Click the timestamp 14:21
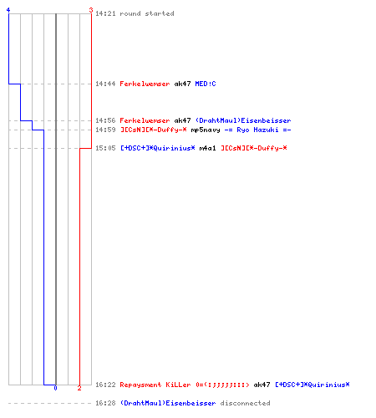(x=105, y=13)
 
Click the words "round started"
(x=147, y=13)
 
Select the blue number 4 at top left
(x=8, y=10)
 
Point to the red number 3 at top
(x=91, y=10)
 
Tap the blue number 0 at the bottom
(x=55, y=388)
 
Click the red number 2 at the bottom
(x=79, y=388)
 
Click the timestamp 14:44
(x=105, y=84)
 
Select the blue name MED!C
(x=206, y=84)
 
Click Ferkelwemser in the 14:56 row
(x=145, y=120)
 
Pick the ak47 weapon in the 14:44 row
(x=182, y=84)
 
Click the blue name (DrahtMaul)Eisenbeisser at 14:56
(x=243, y=120)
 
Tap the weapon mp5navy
(x=206, y=130)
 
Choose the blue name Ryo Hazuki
(x=257, y=130)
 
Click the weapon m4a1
(x=207, y=148)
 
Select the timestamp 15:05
(x=105, y=148)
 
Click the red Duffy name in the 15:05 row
(x=253, y=148)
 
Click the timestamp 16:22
(x=105, y=385)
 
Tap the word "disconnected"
(x=245, y=403)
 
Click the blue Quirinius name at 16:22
(x=312, y=385)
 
